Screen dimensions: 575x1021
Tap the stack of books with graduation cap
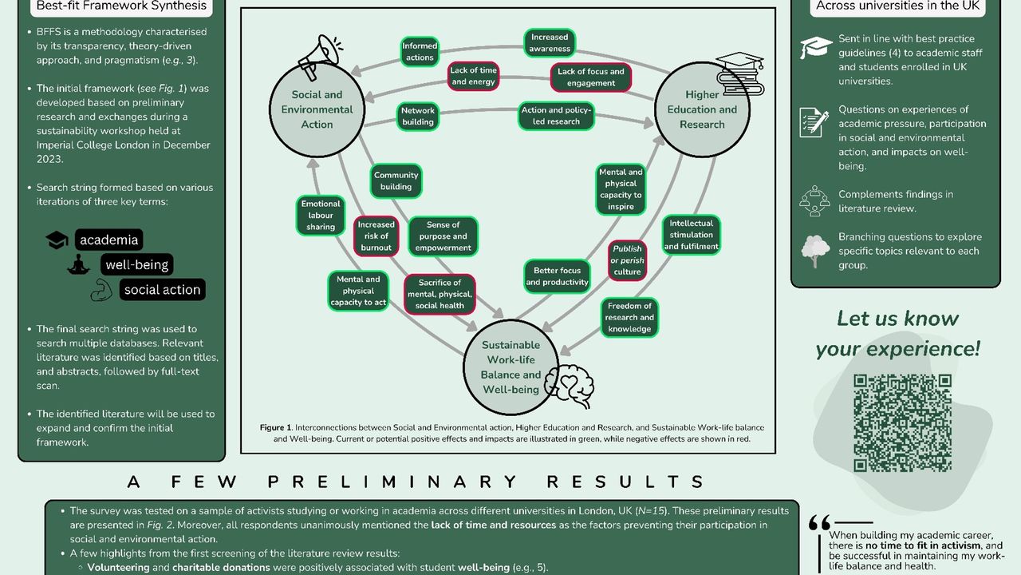point(739,73)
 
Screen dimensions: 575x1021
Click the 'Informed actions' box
point(419,52)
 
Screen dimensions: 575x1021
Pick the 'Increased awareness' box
point(550,43)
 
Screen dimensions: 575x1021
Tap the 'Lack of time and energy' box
point(473,77)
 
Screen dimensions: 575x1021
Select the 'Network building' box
point(418,117)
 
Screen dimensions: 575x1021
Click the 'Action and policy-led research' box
point(557,117)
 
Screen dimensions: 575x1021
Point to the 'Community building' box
point(396,181)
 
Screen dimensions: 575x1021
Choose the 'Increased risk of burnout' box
point(376,236)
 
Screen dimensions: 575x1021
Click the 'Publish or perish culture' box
point(627,260)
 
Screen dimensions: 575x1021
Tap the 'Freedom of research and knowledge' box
point(629,318)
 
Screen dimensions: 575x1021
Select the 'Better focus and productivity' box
point(557,276)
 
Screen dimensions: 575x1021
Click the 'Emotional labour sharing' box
point(321,216)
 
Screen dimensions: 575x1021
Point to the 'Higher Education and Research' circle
point(702,109)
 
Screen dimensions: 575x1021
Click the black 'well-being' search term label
point(136,264)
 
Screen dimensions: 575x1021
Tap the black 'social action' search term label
point(162,290)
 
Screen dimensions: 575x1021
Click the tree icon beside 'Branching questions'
point(815,251)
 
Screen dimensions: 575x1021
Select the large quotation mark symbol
point(819,523)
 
